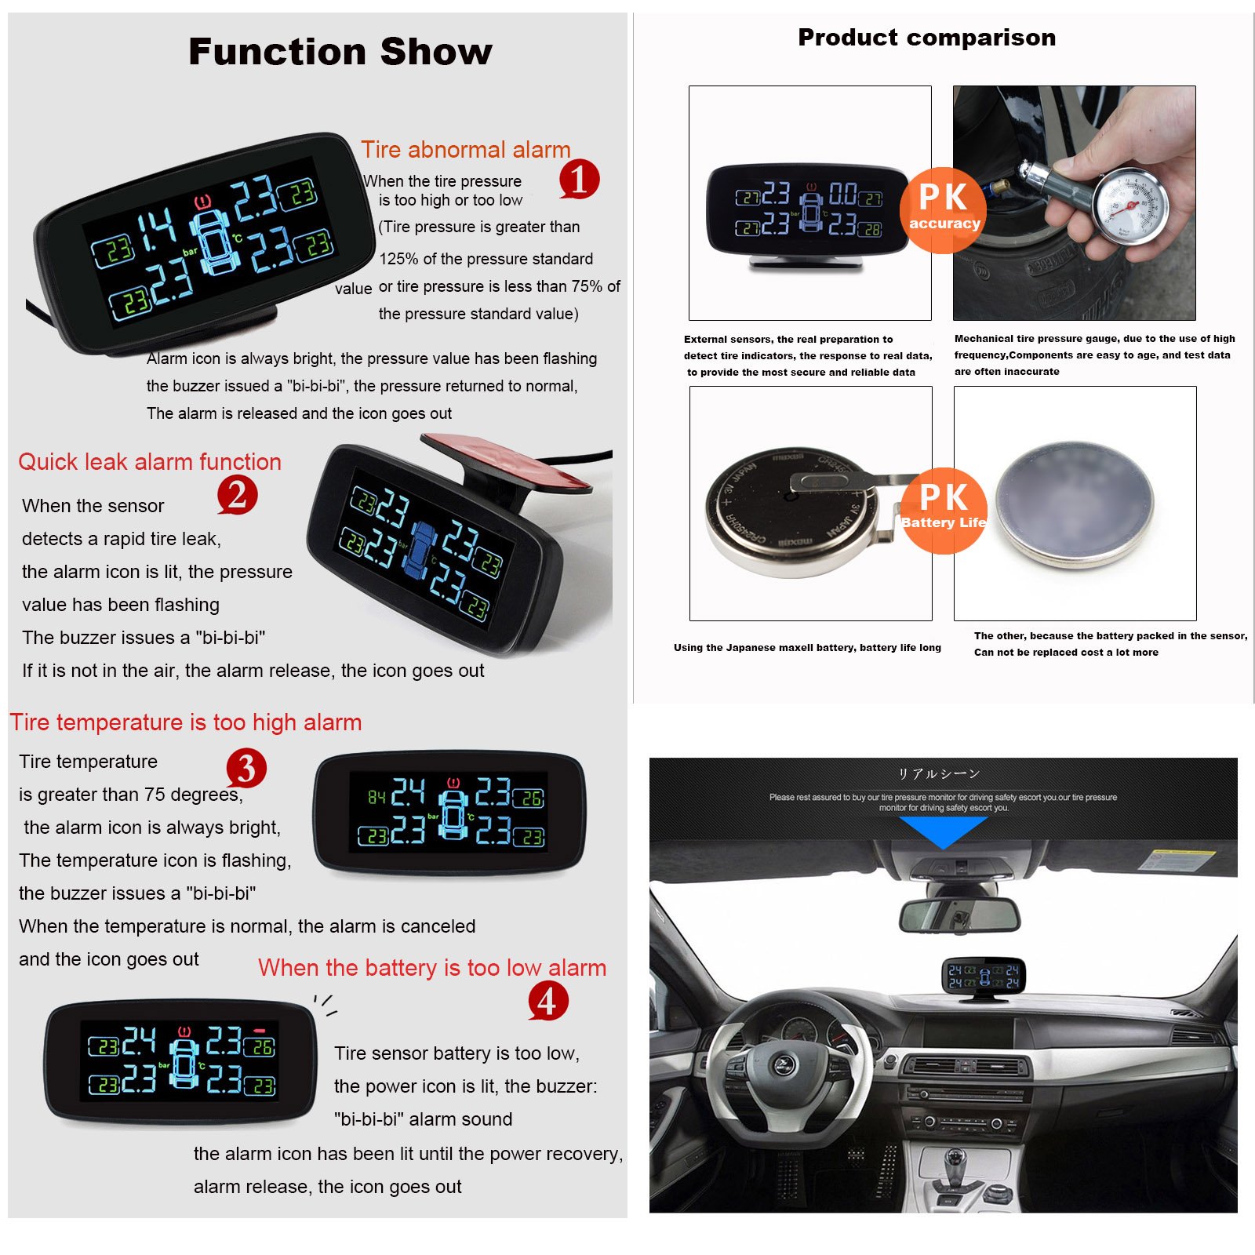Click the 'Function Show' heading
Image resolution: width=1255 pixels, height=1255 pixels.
coord(340,52)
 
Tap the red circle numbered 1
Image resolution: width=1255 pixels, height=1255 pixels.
coord(580,179)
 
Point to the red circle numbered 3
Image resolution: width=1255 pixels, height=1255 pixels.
coord(246,769)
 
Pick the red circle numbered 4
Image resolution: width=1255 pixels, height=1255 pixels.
coord(547,1001)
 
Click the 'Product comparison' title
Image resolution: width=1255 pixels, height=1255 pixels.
coord(926,38)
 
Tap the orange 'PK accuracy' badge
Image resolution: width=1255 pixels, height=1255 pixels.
coord(944,209)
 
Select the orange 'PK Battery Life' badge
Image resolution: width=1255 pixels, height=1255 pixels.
coord(944,511)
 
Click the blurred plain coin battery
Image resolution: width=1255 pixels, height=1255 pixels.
coord(1075,504)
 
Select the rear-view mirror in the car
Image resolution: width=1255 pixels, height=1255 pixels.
coord(959,915)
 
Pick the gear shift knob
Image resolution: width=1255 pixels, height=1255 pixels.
coord(952,1160)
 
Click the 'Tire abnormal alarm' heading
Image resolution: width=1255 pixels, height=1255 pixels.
coord(466,150)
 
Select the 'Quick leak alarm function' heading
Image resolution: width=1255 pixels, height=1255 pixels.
coord(150,462)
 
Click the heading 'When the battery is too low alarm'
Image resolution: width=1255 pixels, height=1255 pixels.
coord(432,968)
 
